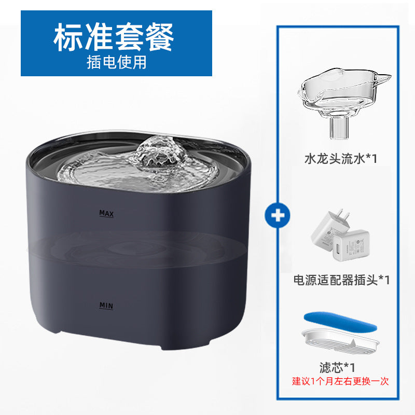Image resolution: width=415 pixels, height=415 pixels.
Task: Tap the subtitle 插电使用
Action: click(116, 63)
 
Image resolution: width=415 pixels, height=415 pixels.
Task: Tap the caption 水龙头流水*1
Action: click(340, 158)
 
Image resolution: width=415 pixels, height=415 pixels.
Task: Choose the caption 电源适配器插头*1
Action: click(341, 280)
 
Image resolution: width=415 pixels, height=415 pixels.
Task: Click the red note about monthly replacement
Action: click(340, 382)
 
